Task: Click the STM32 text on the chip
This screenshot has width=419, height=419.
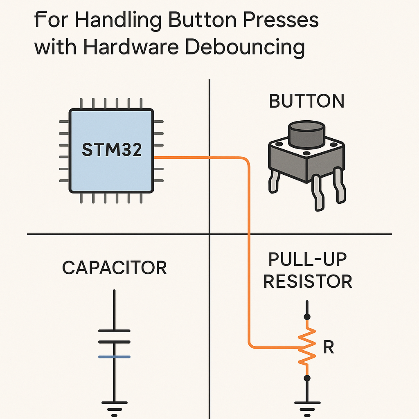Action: coord(112,150)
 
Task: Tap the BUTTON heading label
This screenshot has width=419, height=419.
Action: coord(307,101)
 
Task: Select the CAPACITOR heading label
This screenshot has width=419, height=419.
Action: coord(115,268)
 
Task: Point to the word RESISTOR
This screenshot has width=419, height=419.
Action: coord(308,282)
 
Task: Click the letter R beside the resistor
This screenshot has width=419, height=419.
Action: coord(329,347)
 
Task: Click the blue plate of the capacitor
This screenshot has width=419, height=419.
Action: coord(114,357)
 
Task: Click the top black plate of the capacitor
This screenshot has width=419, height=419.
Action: coord(114,331)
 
